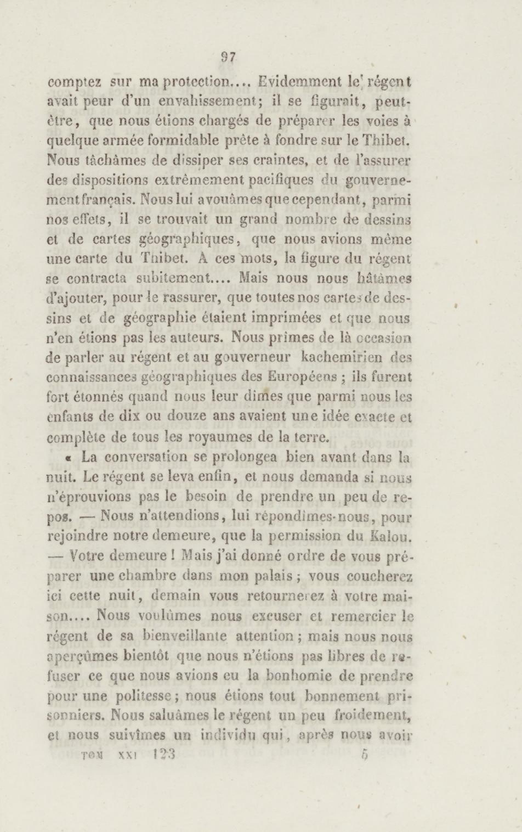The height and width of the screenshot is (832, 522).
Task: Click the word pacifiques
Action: click(x=279, y=180)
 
